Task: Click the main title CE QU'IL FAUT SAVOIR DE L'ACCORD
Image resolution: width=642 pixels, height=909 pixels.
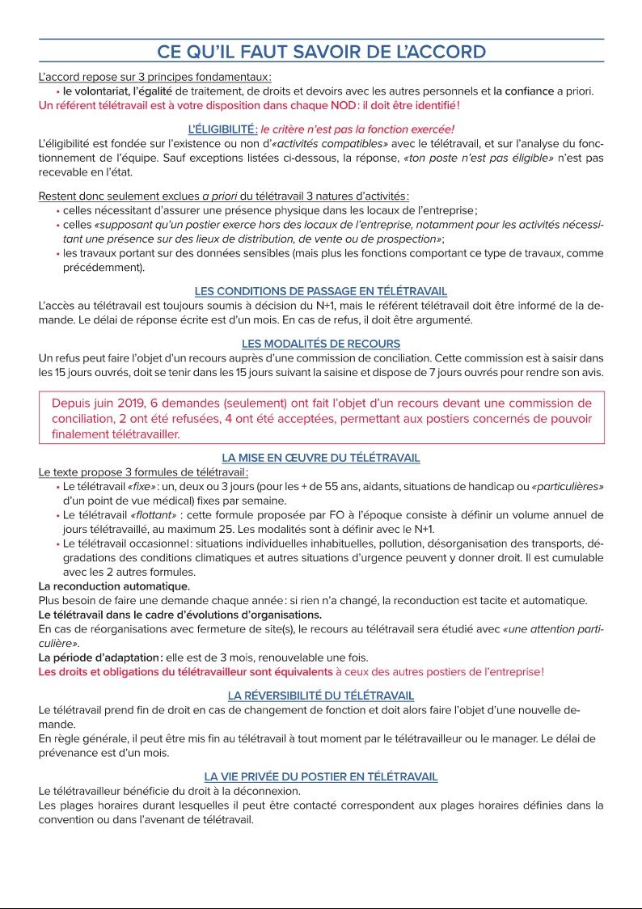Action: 321,53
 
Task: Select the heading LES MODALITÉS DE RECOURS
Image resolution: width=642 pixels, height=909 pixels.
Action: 321,344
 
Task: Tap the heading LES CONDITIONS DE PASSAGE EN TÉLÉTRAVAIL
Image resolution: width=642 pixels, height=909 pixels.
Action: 321,291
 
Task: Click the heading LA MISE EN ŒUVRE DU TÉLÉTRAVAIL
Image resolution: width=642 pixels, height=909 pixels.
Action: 321,458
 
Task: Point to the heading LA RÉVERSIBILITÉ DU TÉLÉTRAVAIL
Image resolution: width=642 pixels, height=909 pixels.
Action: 321,695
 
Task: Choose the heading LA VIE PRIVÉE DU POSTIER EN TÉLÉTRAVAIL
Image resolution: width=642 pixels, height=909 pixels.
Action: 321,776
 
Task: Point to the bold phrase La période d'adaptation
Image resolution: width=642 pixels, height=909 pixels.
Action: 100,657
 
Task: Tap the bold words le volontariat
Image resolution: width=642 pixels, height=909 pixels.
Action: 96,91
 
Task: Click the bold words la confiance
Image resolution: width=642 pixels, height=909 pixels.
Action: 523,91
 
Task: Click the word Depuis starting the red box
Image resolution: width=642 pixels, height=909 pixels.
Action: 72,403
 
